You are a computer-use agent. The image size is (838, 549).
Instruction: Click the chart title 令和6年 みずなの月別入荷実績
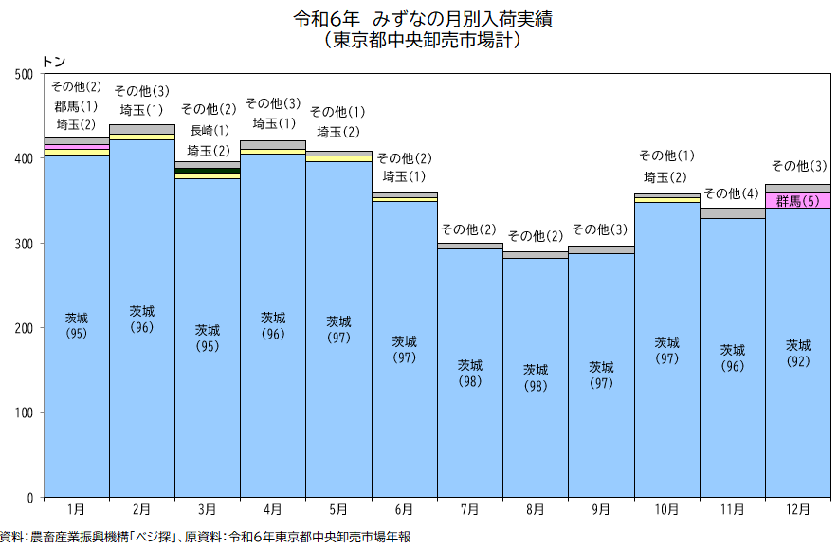coord(422,18)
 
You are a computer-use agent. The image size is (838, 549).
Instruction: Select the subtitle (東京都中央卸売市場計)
coord(422,41)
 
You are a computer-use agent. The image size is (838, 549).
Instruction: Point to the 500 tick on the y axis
coord(26,74)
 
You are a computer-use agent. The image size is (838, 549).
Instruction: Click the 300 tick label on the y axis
coord(26,244)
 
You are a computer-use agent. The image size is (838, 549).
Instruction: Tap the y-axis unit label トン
coord(54,61)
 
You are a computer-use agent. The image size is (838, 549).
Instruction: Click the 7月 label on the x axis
coord(470,509)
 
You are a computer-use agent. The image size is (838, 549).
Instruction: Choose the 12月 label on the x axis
coord(798,509)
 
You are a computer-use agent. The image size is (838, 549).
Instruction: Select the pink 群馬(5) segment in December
coord(798,200)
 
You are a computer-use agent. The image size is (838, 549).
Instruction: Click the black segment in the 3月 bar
coord(208,171)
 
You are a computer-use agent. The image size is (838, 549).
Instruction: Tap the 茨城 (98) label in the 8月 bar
coord(536,377)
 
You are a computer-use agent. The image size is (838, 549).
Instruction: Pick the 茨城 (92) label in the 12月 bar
coord(798,353)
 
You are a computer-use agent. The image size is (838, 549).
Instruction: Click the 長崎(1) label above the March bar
coord(209,130)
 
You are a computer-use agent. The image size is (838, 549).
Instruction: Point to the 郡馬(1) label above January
coord(76,105)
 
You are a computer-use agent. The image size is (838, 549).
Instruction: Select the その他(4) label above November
coord(732,193)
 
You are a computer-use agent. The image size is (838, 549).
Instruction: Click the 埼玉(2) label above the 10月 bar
coord(666,176)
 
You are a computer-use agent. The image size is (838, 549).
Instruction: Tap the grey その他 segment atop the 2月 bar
coord(142,129)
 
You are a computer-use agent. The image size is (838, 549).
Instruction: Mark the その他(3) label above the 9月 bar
coord(601,229)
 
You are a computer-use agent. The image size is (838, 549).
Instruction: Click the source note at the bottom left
coord(205,537)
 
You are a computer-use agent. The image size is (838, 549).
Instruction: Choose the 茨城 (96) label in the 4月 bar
coord(273,325)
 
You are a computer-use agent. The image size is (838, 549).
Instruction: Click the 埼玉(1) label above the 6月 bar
coord(405,176)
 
